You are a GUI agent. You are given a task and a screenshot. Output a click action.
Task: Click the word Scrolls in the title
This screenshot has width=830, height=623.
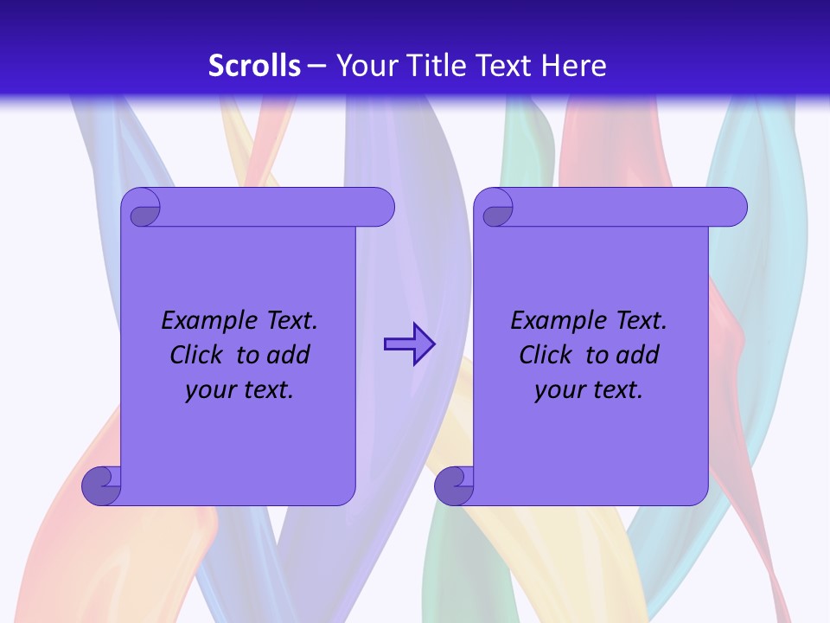pyautogui.click(x=255, y=66)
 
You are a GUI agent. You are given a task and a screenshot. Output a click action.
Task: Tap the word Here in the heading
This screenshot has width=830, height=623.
pyautogui.click(x=574, y=66)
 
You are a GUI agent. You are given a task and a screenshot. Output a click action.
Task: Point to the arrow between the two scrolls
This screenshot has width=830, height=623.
pyautogui.click(x=409, y=344)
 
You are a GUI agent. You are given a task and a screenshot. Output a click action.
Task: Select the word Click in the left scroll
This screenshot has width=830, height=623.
pyautogui.click(x=197, y=355)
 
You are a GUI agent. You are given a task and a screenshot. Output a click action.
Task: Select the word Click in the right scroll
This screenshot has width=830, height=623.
pyautogui.click(x=546, y=355)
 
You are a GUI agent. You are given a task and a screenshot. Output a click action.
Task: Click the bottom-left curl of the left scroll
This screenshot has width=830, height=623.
pyautogui.click(x=101, y=485)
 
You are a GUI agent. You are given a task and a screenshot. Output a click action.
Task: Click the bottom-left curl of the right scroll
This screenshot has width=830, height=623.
pyautogui.click(x=453, y=485)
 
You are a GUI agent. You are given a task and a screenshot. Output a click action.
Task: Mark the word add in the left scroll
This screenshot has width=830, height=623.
pyautogui.click(x=288, y=355)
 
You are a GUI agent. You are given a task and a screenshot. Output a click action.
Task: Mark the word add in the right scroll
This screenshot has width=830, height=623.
pyautogui.click(x=637, y=355)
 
